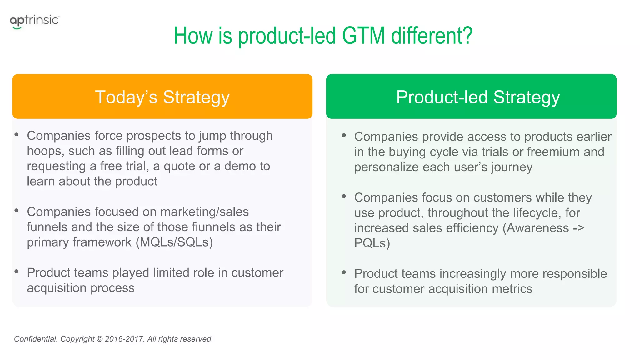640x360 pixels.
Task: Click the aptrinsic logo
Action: tap(34, 21)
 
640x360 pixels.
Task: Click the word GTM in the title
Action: tap(363, 36)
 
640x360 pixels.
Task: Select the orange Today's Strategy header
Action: tap(162, 97)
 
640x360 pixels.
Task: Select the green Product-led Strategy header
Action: tap(471, 97)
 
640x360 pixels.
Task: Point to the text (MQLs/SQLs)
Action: tap(174, 242)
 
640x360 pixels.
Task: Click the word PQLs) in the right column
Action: tap(372, 243)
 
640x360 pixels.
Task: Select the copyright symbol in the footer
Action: tap(99, 339)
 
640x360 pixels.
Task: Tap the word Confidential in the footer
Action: tap(36, 339)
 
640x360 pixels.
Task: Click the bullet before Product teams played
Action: tap(17, 271)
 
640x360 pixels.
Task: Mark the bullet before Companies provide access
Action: tap(344, 135)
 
